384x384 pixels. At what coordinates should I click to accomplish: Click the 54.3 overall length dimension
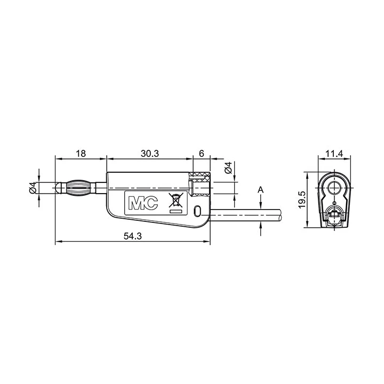[132, 236]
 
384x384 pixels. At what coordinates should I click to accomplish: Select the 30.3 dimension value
[150, 154]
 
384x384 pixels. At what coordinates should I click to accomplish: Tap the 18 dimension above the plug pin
[81, 154]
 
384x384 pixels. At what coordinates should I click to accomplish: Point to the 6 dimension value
[201, 154]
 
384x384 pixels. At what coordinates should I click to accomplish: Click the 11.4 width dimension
[334, 154]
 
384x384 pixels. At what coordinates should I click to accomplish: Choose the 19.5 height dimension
[302, 200]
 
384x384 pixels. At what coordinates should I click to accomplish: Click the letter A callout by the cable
[261, 189]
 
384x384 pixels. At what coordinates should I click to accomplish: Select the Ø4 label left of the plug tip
[33, 188]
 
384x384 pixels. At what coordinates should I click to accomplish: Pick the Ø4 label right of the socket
[228, 168]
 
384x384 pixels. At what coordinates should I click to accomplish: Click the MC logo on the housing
[143, 203]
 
